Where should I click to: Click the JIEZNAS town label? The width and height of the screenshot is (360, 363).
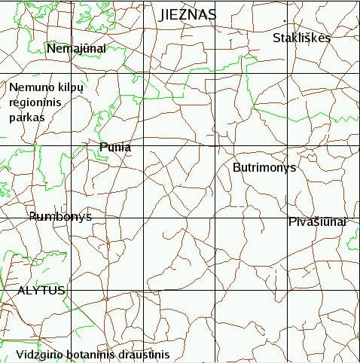(188, 14)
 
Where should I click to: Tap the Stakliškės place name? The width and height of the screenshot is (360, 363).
(301, 38)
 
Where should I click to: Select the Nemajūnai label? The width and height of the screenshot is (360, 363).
(76, 49)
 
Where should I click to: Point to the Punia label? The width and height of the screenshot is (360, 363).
(115, 148)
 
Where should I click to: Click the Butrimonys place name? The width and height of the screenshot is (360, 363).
(264, 167)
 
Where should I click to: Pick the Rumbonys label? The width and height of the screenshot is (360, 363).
(60, 217)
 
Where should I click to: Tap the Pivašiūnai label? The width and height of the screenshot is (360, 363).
(317, 221)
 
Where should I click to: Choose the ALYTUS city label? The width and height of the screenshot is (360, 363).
(41, 290)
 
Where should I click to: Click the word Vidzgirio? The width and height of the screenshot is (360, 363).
(37, 354)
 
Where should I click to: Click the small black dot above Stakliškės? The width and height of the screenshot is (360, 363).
(285, 20)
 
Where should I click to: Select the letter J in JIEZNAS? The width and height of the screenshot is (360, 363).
(163, 14)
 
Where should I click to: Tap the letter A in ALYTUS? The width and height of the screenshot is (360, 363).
(21, 290)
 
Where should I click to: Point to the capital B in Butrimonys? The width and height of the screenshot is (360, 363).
(236, 167)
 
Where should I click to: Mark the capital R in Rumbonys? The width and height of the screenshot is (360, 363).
(33, 217)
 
